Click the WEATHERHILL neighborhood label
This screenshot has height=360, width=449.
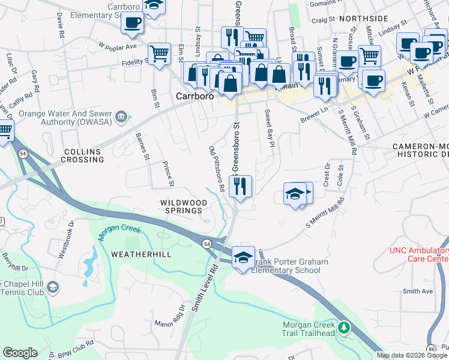[x=141, y=254]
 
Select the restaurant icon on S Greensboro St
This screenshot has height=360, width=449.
[x=240, y=186]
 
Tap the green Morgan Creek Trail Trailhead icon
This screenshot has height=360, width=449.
[x=343, y=328]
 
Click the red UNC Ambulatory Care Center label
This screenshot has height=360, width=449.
[x=418, y=254]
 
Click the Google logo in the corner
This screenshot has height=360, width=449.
[x=20, y=353]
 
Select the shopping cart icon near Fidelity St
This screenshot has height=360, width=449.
[x=159, y=53]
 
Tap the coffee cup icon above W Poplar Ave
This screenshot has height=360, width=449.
[x=132, y=23]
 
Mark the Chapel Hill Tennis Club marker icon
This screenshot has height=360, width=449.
[x=53, y=287]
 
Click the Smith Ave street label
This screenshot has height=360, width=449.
[x=418, y=292]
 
